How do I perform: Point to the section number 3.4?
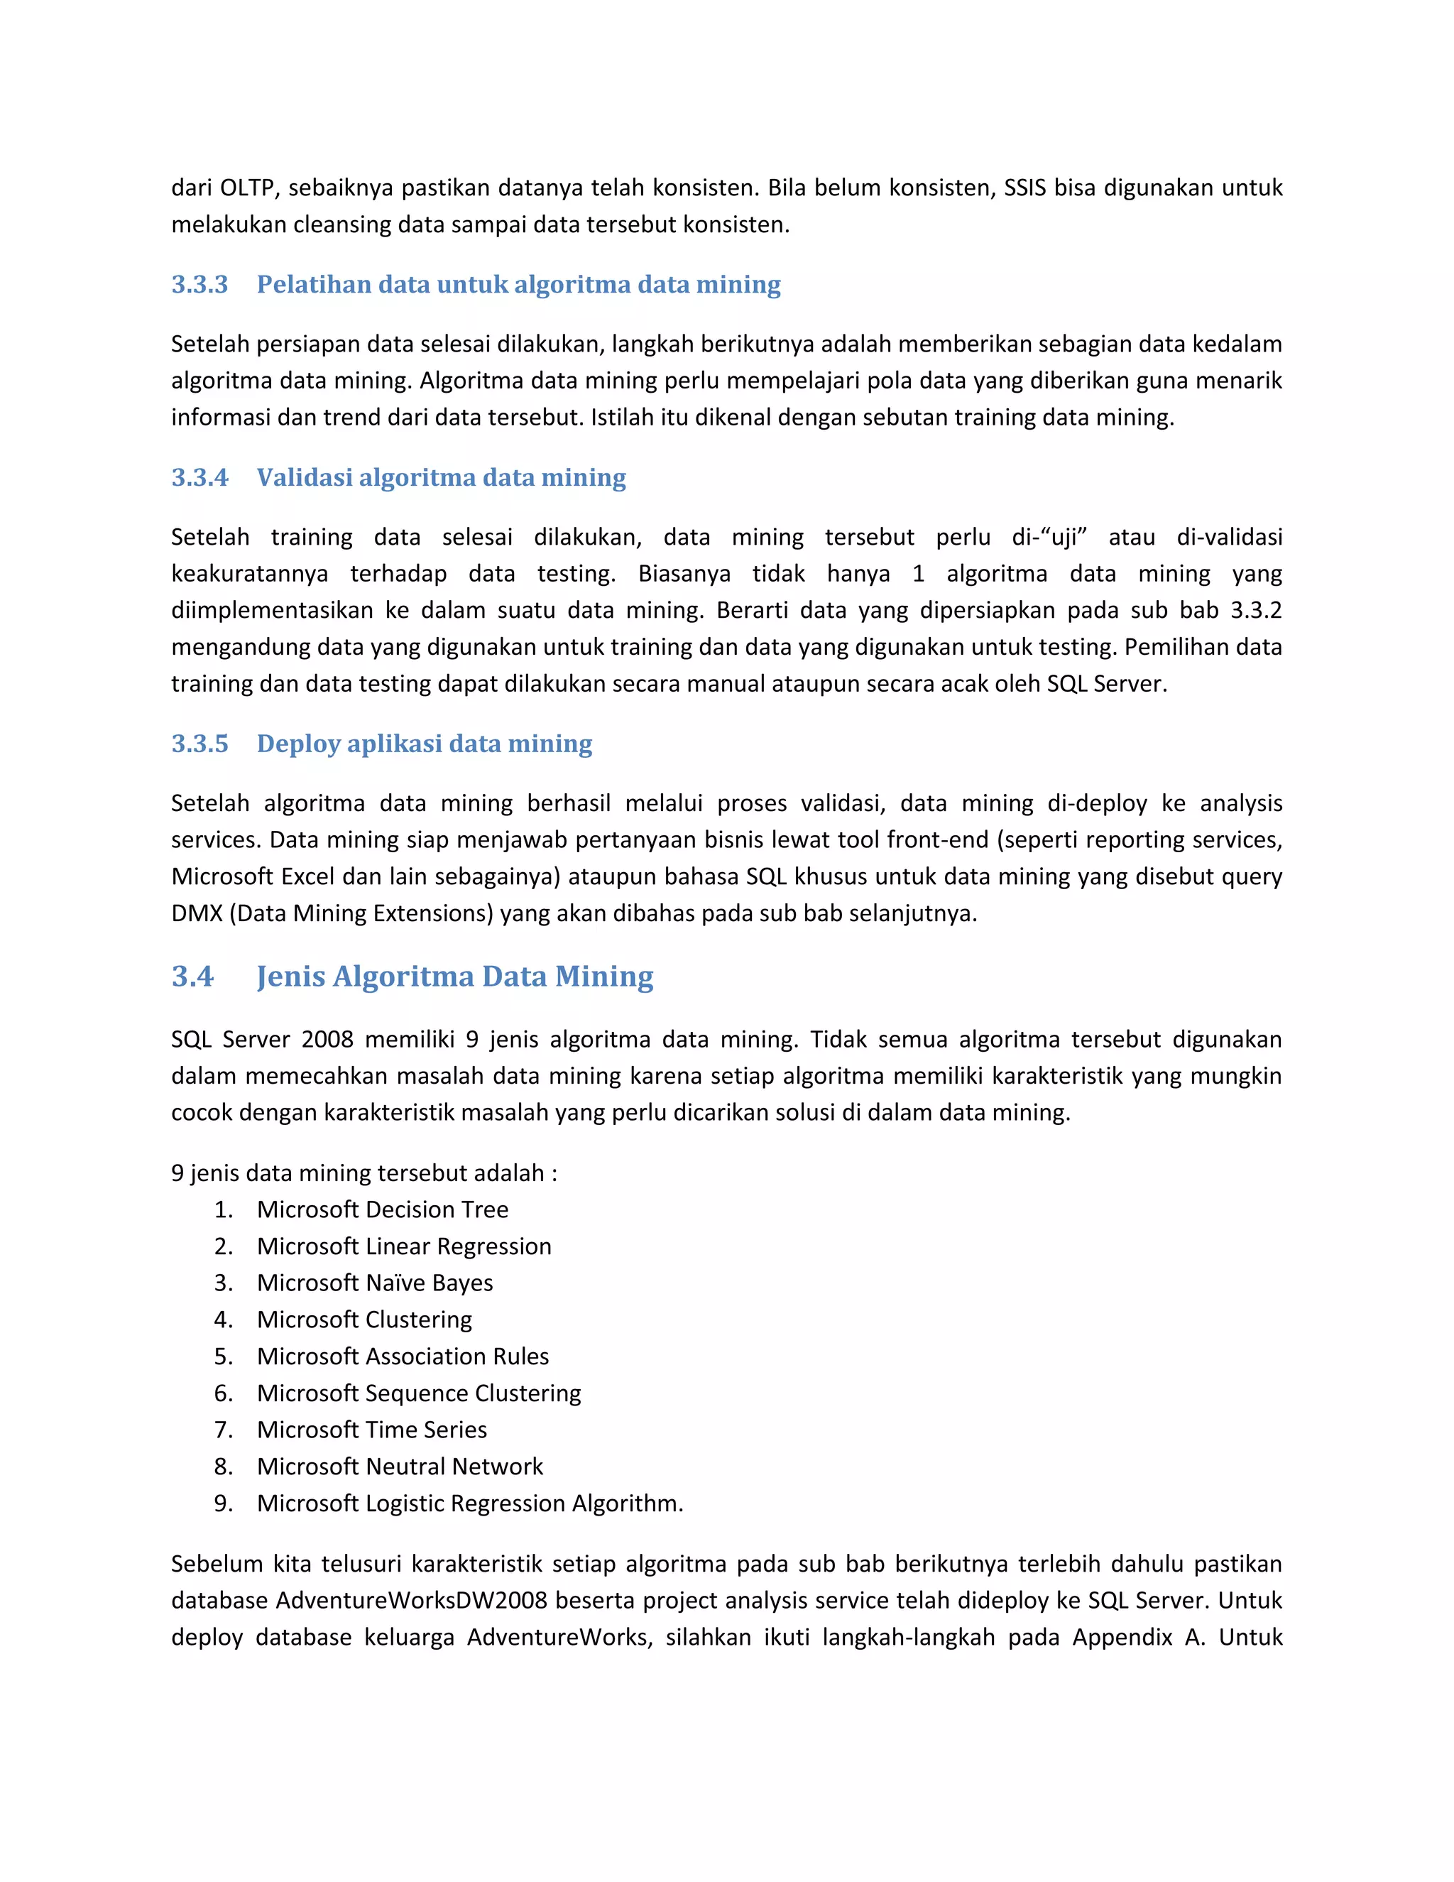coord(192,977)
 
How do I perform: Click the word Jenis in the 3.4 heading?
coord(290,977)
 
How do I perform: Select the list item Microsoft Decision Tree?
coord(383,1210)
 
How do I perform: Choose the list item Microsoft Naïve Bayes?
coord(375,1283)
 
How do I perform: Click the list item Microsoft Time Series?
coord(371,1430)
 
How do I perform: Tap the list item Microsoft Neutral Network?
coord(400,1467)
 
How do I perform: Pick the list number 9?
coord(222,1503)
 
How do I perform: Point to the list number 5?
coord(222,1356)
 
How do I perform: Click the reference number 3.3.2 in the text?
coord(1255,611)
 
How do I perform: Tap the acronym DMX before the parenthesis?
coord(197,913)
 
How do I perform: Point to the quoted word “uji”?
coord(1063,538)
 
